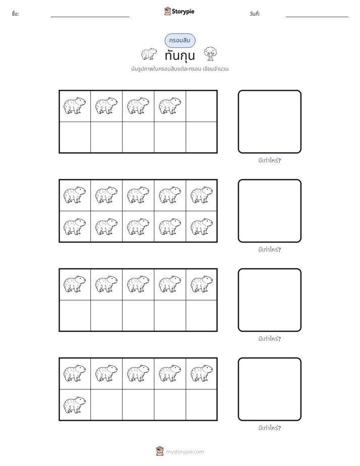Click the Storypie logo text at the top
click(183, 12)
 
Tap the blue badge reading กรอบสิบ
click(180, 40)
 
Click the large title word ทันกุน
click(180, 56)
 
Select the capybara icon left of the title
click(149, 54)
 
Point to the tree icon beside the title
click(210, 54)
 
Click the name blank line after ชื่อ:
click(90, 17)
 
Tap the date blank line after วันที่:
click(317, 17)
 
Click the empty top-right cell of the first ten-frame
click(201, 106)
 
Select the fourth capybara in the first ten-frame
click(169, 106)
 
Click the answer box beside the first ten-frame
click(270, 122)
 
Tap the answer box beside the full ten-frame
click(270, 211)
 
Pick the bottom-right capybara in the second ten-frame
click(201, 227)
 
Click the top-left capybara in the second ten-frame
click(75, 195)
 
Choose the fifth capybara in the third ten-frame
click(201, 284)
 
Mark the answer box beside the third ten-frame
click(270, 300)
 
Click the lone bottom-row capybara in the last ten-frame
click(75, 405)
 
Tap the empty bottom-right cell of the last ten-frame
click(201, 404)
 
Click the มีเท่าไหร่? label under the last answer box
click(269, 428)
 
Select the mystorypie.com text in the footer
click(185, 452)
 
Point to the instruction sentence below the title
click(180, 69)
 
